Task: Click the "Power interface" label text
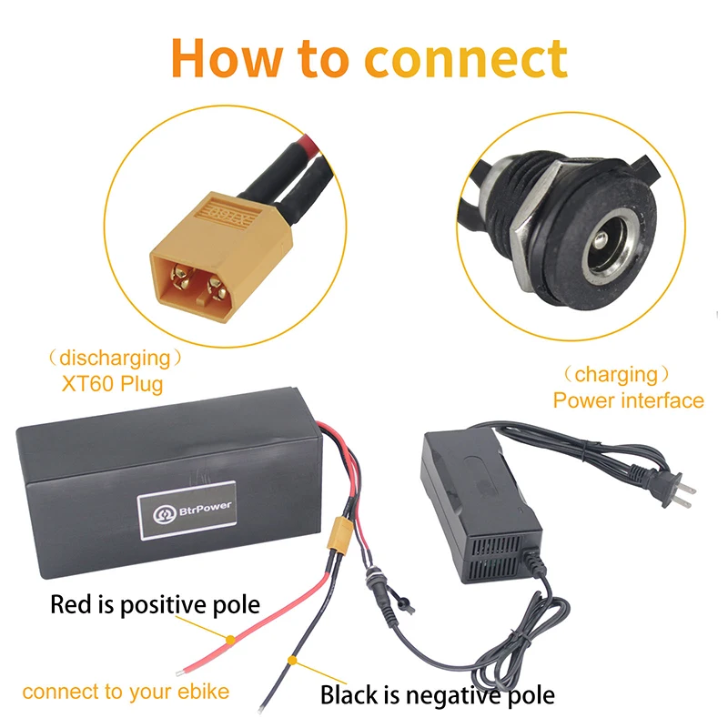point(629,399)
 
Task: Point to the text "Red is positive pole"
point(155,604)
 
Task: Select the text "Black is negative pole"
point(437,696)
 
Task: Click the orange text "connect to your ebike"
point(126,692)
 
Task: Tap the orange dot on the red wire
point(232,638)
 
